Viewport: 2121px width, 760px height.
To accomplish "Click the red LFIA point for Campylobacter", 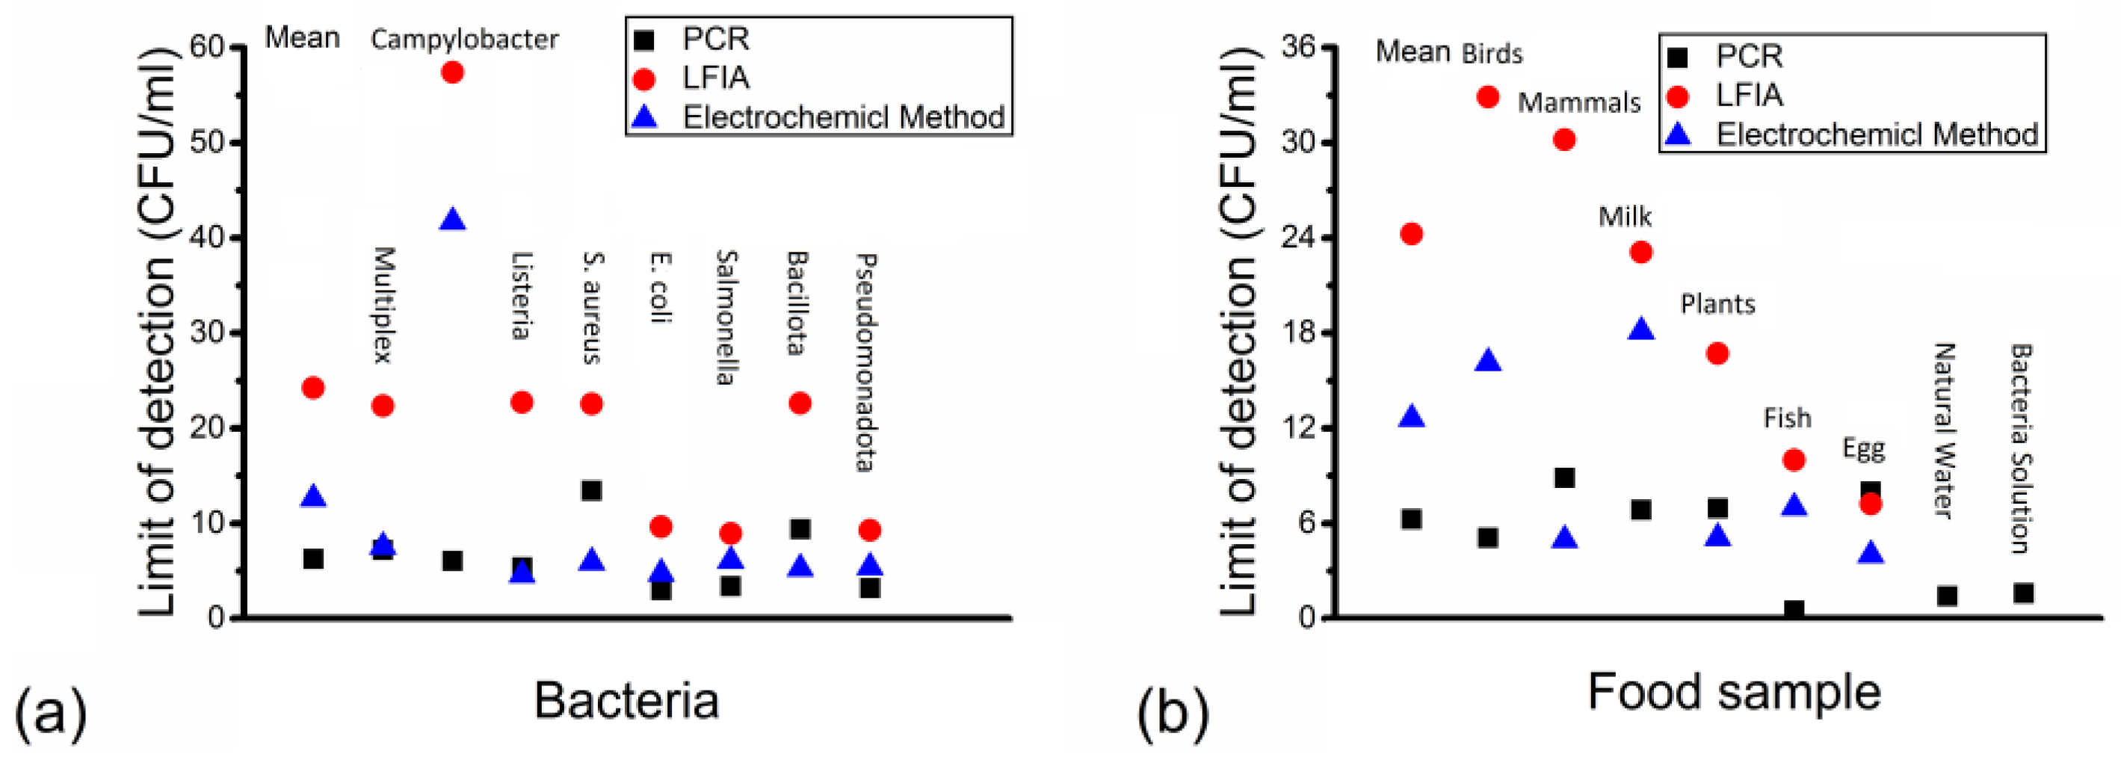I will [x=452, y=72].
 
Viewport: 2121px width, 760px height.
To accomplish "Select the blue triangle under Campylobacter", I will [x=452, y=220].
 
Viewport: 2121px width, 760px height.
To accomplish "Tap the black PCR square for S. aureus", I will [x=591, y=491].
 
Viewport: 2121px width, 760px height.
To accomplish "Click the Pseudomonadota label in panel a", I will [x=865, y=362].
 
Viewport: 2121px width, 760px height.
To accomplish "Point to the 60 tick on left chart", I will [x=207, y=47].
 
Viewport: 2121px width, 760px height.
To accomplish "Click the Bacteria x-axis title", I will [x=626, y=701].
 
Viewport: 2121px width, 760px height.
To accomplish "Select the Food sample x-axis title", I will [x=1733, y=692].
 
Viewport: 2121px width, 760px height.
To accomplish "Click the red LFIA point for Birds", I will [x=1488, y=97].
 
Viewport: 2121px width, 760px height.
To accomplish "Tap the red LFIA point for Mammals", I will [x=1564, y=140].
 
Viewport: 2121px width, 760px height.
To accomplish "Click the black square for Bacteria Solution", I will [x=2024, y=593].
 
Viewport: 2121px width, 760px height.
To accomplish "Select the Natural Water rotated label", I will [x=1943, y=430].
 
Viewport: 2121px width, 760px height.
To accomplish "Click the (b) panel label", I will [x=1173, y=712].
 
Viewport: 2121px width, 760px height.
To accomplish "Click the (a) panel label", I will [x=50, y=712].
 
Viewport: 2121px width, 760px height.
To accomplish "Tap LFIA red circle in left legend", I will [x=646, y=79].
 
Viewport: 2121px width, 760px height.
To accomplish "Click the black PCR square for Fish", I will [x=1794, y=609].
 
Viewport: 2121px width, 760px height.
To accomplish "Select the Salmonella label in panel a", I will [x=726, y=318].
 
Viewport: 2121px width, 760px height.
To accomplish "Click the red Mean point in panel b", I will [x=1411, y=234].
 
